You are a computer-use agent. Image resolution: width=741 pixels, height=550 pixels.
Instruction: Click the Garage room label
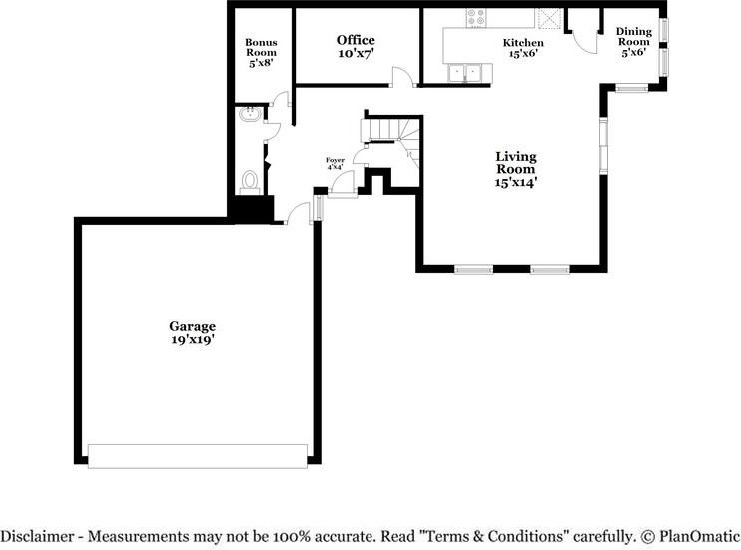coord(192,326)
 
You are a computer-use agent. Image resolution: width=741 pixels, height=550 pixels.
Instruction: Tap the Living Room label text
coord(516,162)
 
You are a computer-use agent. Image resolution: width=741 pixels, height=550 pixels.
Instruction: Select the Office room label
coord(356,41)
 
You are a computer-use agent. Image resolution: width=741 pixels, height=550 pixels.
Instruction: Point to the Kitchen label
coord(523,44)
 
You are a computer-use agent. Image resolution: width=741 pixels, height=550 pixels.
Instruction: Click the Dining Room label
coord(633,37)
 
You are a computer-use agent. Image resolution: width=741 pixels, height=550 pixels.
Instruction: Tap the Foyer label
coord(335,160)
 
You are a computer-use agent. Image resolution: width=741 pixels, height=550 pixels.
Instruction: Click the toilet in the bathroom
coord(250,181)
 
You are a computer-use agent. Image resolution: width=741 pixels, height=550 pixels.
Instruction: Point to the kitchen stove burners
coord(476,17)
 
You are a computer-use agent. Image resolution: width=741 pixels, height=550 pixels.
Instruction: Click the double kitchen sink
coord(466,72)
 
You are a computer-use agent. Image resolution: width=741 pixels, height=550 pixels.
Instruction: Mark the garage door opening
coord(198,455)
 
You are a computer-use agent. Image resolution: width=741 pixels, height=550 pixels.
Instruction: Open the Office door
coord(399,77)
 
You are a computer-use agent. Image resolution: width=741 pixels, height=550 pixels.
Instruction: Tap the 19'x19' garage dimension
coord(192,340)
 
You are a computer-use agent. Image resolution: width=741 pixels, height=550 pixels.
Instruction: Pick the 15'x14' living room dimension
coord(516,183)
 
